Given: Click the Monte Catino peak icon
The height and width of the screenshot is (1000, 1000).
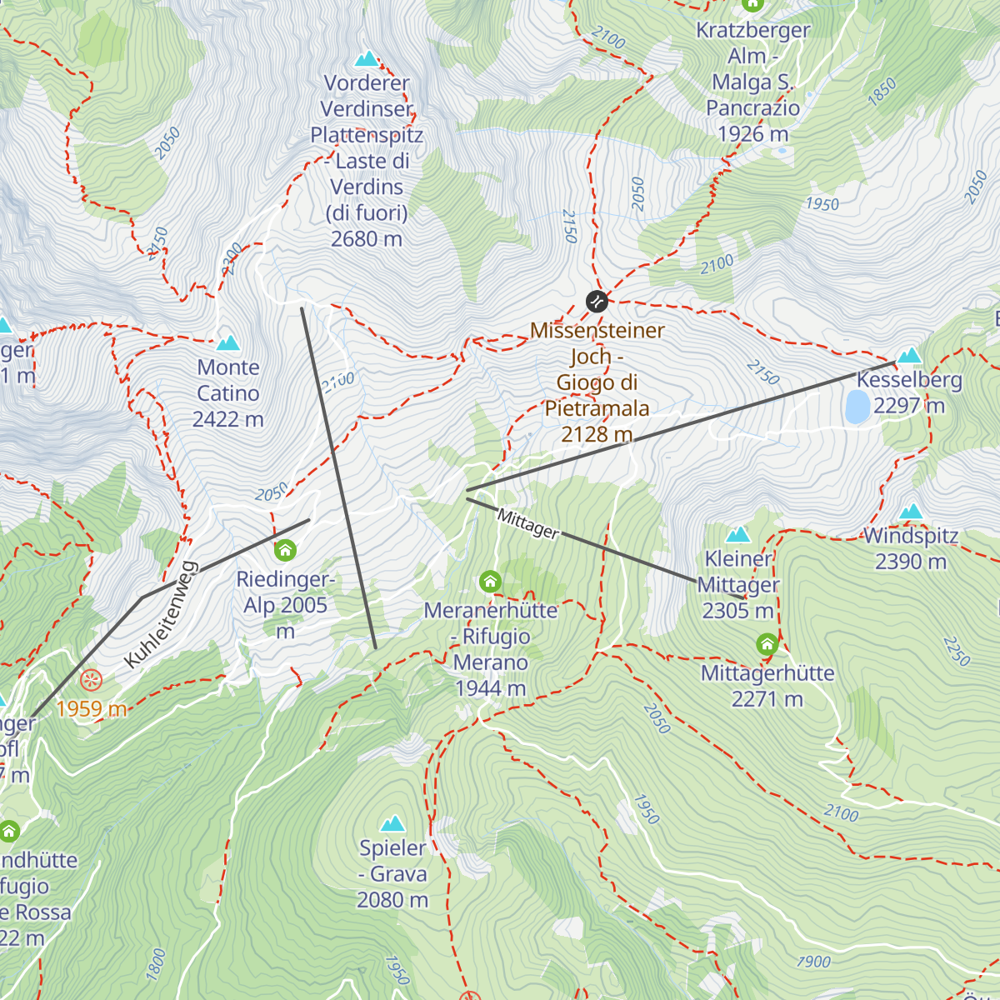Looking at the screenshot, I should point(227,342).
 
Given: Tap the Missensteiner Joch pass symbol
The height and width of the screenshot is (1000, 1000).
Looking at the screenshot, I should point(597,301).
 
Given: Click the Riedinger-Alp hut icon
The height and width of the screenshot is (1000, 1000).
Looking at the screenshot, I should point(285,550).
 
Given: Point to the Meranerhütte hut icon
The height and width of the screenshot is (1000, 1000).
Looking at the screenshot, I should point(490,581).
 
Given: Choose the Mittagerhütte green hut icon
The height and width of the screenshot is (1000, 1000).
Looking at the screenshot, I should point(767,644).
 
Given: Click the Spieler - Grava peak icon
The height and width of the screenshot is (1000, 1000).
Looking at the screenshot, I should point(392,824).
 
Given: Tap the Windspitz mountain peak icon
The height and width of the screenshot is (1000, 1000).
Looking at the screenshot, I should point(911,511).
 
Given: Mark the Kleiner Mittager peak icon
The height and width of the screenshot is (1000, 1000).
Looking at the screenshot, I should point(737,534).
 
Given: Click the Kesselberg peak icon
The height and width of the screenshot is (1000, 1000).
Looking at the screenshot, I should point(909,356).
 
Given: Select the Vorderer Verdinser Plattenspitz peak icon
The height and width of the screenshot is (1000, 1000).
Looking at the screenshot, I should point(367,58).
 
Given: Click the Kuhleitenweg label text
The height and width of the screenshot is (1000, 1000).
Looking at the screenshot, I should point(161,615).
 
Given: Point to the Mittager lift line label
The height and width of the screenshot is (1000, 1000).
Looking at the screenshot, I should point(528,523).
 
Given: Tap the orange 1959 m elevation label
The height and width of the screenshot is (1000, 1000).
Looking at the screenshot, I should point(92,709).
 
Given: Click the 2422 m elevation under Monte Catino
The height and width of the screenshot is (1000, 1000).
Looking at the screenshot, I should point(227,419).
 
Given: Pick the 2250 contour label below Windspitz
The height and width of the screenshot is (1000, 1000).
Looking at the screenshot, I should point(957,651).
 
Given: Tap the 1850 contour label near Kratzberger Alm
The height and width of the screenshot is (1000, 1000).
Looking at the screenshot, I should point(882,90).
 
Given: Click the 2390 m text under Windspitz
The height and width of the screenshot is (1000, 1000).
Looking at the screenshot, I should point(911,562).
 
